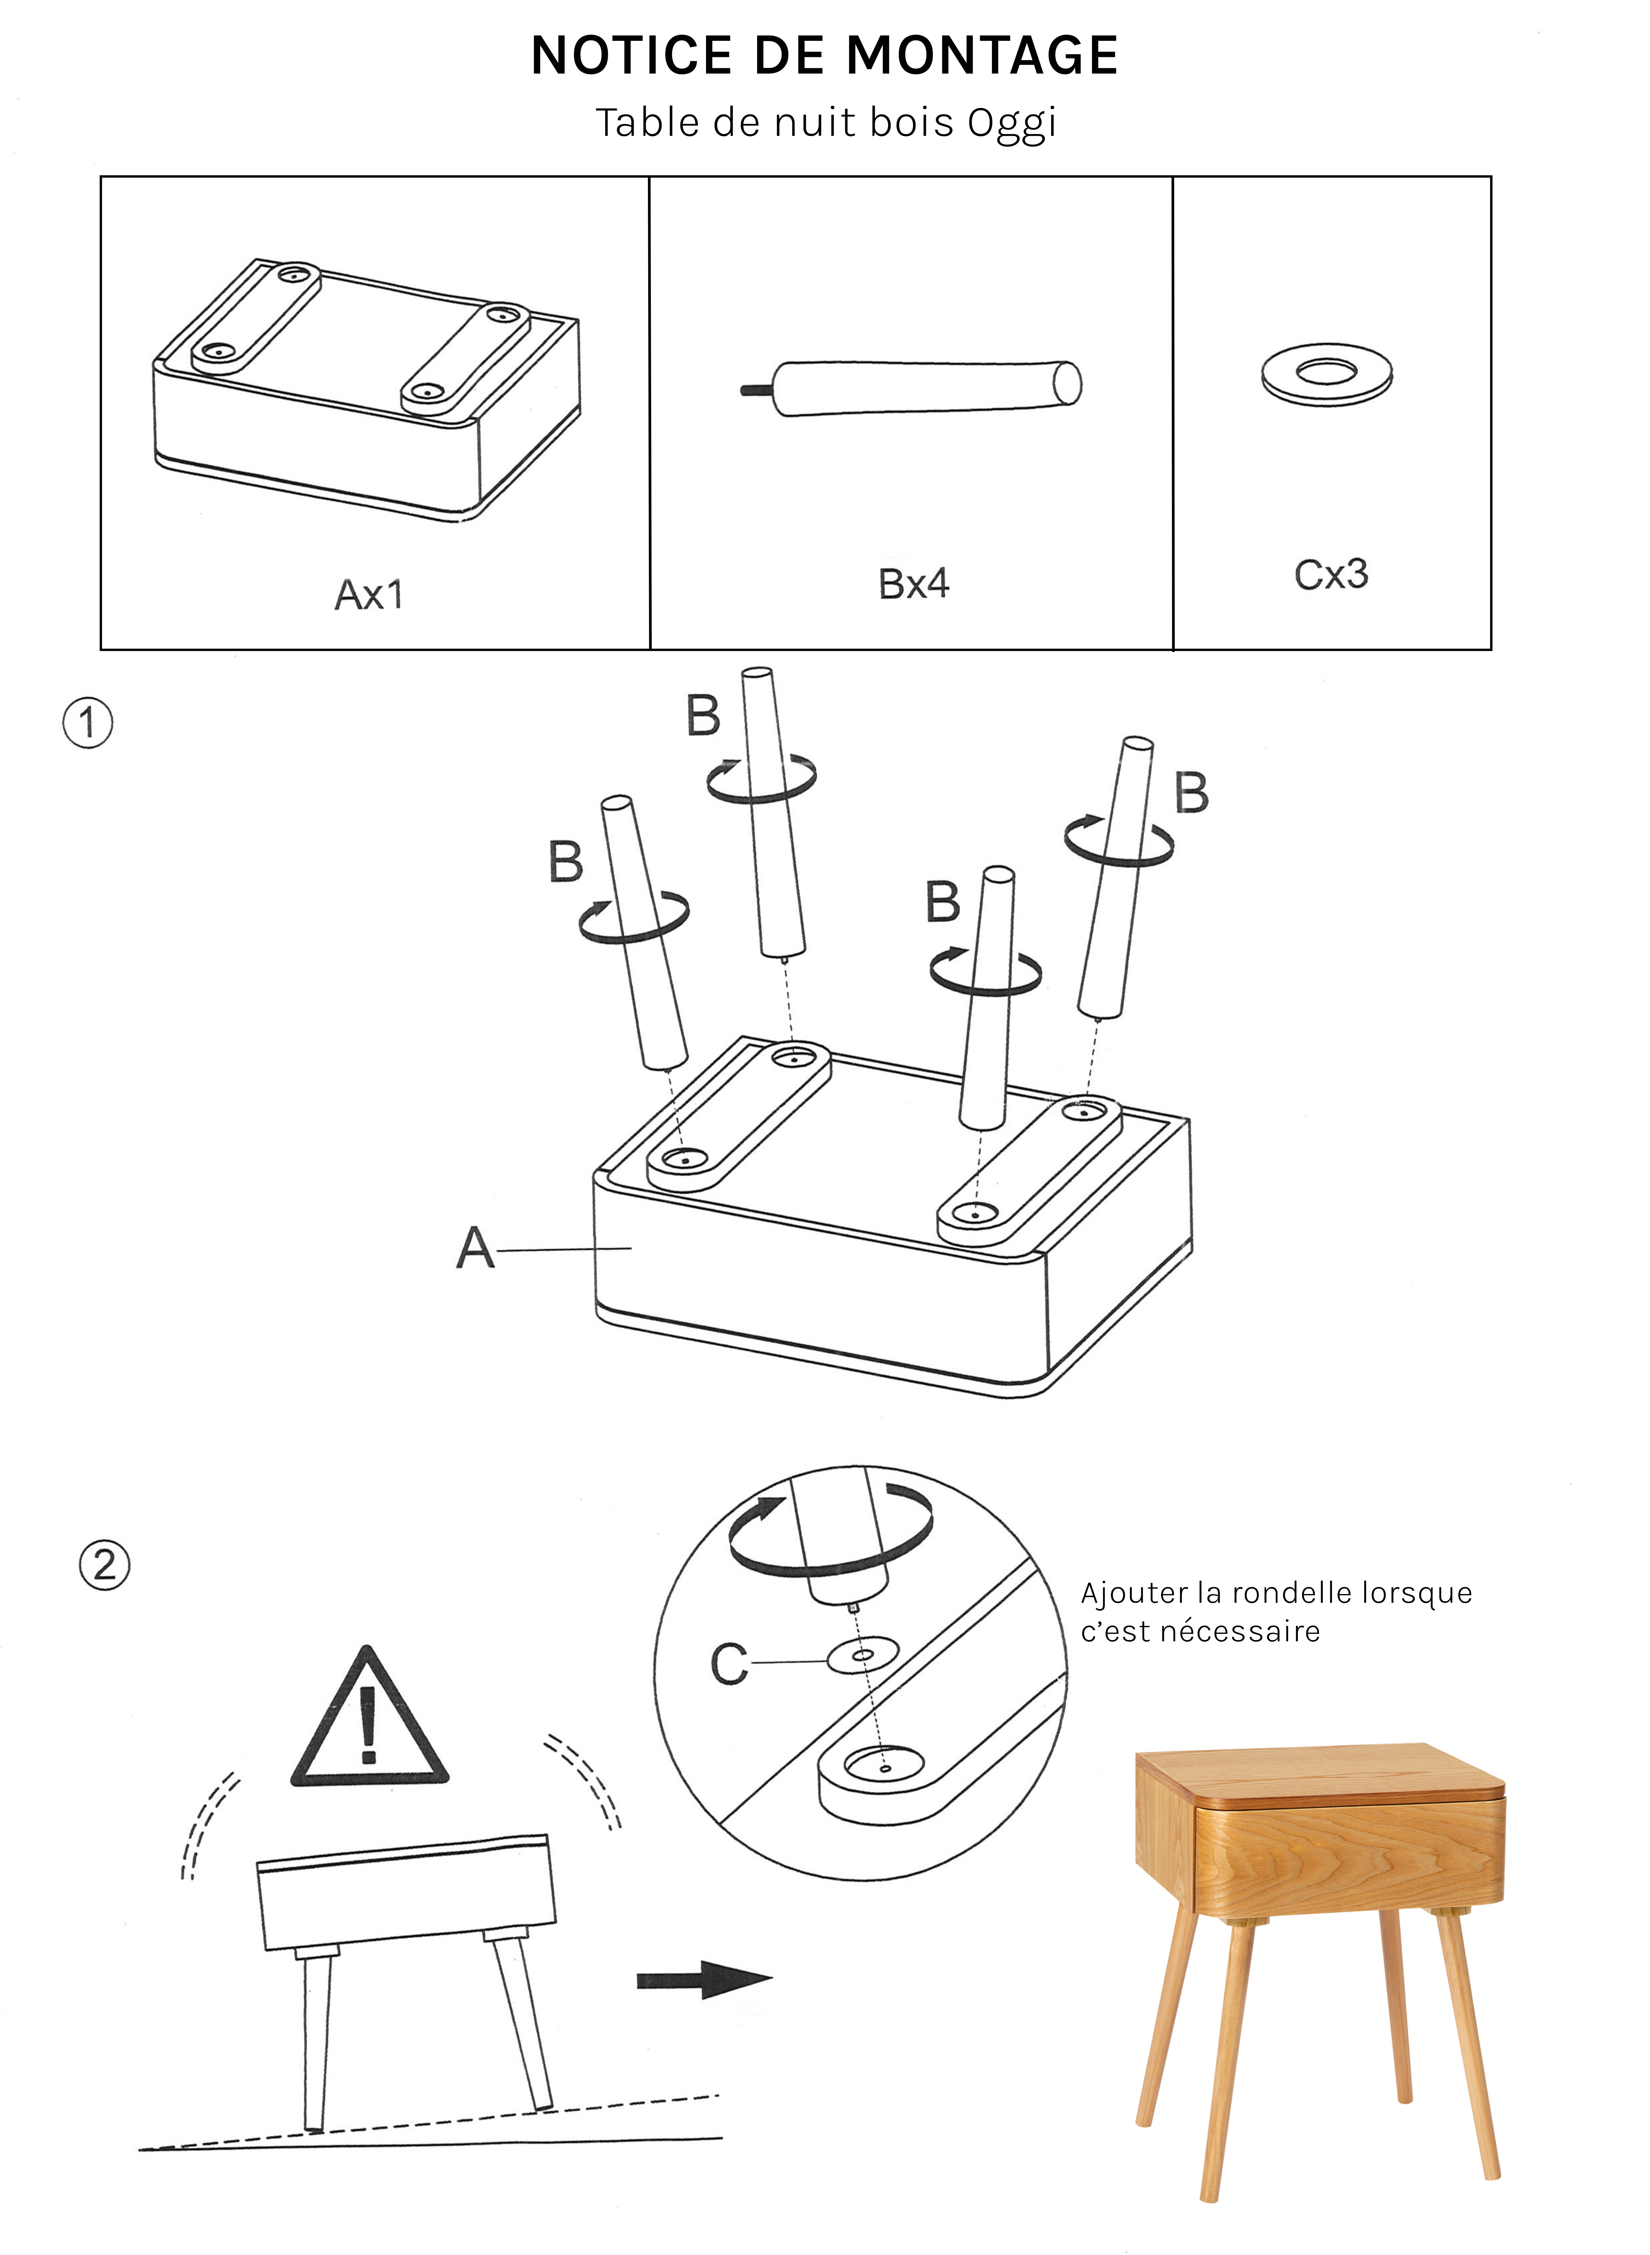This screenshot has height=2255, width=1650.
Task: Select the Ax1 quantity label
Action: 368,595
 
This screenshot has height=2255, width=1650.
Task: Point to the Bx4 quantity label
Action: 913,584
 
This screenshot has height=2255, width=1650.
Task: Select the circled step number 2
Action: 104,1565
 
